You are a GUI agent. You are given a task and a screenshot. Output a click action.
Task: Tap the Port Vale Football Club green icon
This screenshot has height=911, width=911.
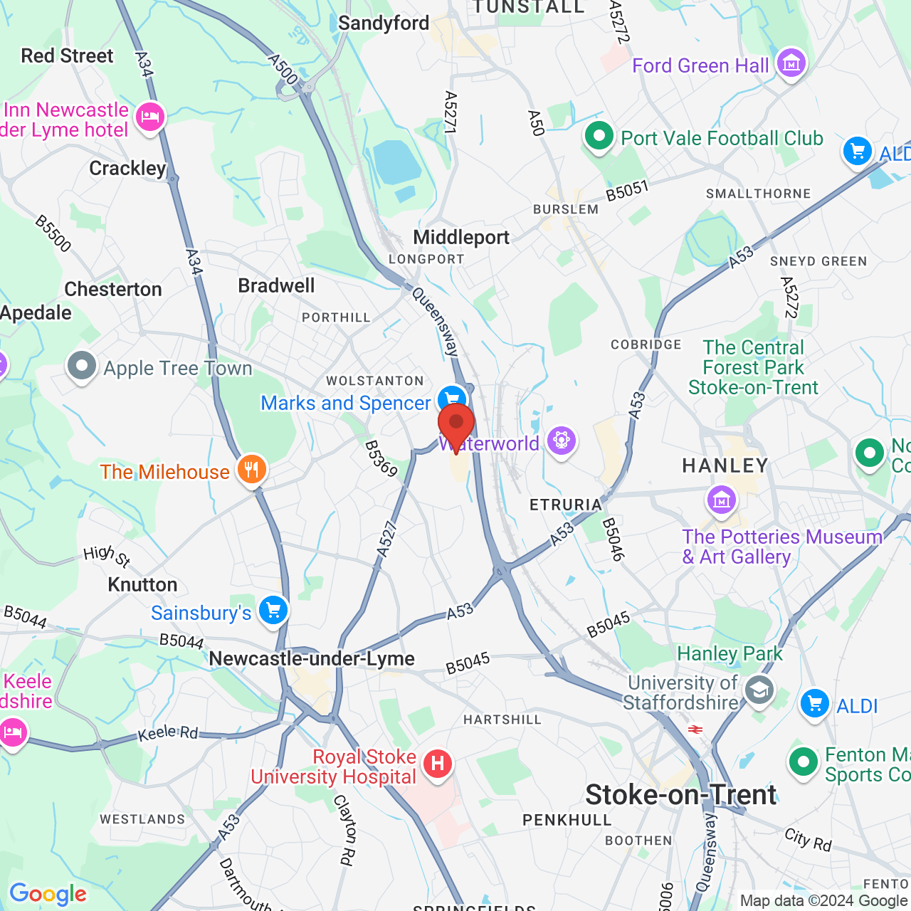[x=599, y=136]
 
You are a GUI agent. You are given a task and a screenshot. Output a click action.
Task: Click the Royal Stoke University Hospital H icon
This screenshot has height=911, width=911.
[x=437, y=764]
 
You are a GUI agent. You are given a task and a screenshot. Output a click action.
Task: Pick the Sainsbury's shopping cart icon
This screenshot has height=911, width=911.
[x=273, y=611]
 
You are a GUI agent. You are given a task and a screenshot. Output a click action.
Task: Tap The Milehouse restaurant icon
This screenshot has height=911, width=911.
[x=251, y=470]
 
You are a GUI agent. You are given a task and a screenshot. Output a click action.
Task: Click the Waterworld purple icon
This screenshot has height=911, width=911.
[x=562, y=441]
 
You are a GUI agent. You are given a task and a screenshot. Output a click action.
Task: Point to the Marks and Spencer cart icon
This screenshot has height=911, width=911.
[x=452, y=399]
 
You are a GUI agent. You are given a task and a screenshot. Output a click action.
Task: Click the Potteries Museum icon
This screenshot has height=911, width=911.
[x=722, y=500]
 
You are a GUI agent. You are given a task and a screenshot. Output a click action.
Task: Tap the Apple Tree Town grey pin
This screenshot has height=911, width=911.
[x=82, y=367]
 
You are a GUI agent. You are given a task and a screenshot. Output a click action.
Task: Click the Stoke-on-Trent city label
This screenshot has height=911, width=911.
[x=680, y=795]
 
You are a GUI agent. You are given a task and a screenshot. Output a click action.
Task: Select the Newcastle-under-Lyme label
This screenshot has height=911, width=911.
[x=312, y=658]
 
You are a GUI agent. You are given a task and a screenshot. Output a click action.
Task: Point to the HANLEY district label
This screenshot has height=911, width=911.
[x=725, y=465]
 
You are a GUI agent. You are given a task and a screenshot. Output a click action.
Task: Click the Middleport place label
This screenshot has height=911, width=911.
[x=461, y=237]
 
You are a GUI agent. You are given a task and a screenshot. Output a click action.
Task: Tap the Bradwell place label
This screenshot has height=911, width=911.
[x=276, y=285]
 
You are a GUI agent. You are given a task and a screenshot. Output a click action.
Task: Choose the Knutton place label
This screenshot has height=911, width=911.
[x=142, y=584]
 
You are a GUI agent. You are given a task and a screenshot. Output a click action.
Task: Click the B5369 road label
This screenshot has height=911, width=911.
[x=381, y=458]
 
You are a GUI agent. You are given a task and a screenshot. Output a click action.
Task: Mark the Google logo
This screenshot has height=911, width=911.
[x=48, y=894]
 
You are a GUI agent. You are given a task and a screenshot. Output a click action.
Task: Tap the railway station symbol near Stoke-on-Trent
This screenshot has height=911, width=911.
[x=695, y=730]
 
